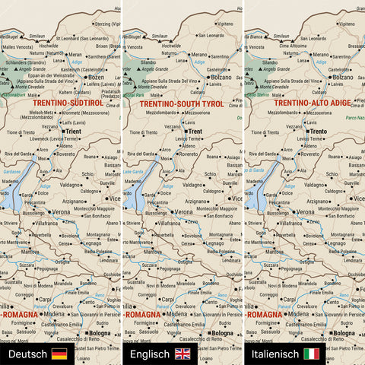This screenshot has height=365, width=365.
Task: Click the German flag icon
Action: [x=59, y=354]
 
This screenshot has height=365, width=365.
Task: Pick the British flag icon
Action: [x=182, y=354]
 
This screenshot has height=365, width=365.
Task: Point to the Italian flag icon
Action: [x=312, y=354]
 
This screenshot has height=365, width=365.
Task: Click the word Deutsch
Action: [x=27, y=354]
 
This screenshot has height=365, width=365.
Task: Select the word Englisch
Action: [x=150, y=354]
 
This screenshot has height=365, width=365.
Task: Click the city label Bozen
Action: [x=96, y=77]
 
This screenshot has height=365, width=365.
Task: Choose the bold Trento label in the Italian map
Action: [x=318, y=131]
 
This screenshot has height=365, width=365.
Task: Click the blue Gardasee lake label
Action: [x=11, y=171]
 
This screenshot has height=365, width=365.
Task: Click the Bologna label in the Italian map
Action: [x=344, y=333]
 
